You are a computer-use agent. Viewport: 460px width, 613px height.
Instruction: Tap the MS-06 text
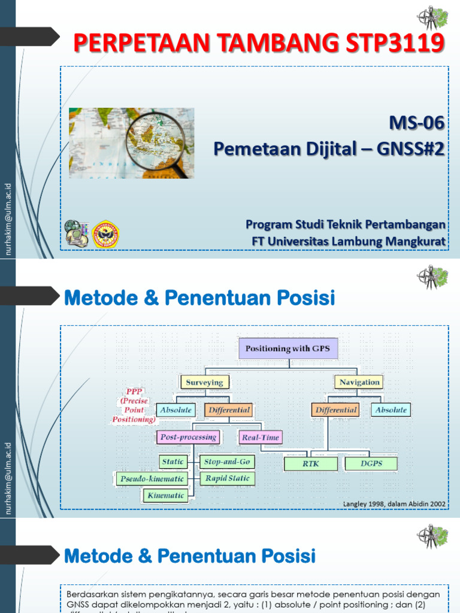(x=417, y=123)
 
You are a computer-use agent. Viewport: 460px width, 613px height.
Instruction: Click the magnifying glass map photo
(x=131, y=143)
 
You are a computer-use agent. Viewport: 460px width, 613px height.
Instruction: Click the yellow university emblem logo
(x=106, y=234)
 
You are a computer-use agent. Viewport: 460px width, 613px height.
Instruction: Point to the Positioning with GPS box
(x=288, y=348)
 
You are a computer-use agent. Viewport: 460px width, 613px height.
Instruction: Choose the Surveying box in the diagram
(x=204, y=382)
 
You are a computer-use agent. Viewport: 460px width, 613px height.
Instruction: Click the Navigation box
(x=359, y=382)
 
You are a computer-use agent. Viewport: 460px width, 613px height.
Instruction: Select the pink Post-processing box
(x=188, y=437)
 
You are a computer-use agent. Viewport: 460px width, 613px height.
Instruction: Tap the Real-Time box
(x=260, y=438)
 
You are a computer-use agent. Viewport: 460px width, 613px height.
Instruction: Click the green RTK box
(x=310, y=463)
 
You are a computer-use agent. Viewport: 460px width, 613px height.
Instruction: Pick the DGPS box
(x=371, y=463)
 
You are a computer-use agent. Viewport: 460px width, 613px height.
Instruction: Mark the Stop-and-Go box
(x=226, y=462)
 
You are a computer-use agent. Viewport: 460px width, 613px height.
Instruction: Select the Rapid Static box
(x=227, y=478)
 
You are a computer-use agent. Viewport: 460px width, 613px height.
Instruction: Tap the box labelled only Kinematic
(x=165, y=496)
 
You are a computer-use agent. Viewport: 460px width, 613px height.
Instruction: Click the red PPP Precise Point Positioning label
(x=133, y=406)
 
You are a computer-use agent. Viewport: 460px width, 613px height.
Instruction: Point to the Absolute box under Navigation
(x=391, y=410)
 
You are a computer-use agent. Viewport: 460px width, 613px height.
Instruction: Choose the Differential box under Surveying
(x=228, y=410)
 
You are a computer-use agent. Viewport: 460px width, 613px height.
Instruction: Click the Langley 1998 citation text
(x=394, y=504)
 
